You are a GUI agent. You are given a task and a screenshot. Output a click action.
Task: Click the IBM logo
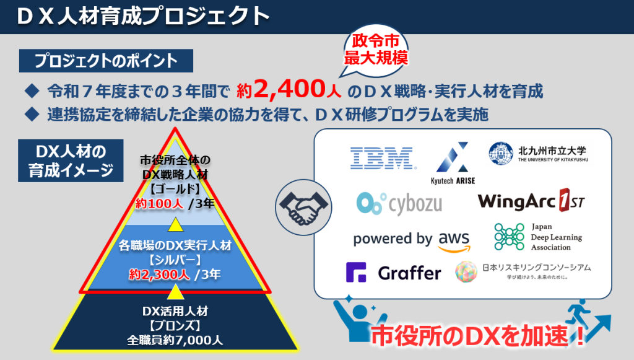pyautogui.click(x=382, y=158)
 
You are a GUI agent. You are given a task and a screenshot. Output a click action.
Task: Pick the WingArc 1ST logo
pyautogui.click(x=531, y=201)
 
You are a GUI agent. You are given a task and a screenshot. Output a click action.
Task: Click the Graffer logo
pyautogui.click(x=393, y=273)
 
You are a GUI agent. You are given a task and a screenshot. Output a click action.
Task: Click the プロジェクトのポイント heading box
pyautogui.click(x=106, y=61)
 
